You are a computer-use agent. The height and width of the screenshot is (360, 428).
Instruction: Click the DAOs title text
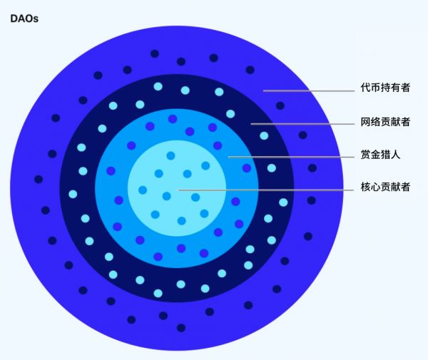tap(24, 19)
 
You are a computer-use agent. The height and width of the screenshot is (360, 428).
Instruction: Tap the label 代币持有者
tap(385, 88)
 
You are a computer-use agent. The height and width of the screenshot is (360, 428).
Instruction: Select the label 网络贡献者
tap(385, 122)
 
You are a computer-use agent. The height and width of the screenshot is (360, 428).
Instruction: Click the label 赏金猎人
tap(380, 155)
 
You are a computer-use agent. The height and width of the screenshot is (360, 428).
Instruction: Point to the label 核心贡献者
tap(385, 187)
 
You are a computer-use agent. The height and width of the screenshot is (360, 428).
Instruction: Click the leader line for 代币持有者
tap(309, 91)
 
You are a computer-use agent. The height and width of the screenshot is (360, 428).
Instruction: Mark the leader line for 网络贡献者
tap(302, 124)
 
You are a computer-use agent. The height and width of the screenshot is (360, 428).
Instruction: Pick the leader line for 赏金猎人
tap(291, 157)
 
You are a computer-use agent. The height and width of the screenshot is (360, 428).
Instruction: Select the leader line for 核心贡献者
tap(266, 190)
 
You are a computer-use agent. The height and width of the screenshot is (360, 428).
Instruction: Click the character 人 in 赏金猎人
tap(395, 155)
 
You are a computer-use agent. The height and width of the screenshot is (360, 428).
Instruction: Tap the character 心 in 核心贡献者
tap(375, 187)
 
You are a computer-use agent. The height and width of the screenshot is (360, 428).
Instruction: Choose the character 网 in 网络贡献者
tap(365, 122)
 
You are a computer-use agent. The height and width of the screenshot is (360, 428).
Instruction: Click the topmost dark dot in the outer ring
tap(155, 53)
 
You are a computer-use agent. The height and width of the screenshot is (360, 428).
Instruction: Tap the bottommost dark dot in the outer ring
tap(181, 327)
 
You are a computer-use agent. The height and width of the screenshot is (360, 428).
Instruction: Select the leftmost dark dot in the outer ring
tap(39, 180)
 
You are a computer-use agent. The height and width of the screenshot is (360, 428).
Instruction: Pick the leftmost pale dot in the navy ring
tap(73, 194)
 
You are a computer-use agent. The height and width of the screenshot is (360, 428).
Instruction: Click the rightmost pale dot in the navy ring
tap(283, 202)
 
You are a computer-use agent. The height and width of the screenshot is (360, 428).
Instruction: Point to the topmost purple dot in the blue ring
tap(173, 119)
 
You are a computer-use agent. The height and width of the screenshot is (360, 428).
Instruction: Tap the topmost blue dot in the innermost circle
tap(171, 155)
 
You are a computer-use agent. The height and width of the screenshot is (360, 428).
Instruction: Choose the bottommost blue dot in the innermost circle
tap(181, 221)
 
